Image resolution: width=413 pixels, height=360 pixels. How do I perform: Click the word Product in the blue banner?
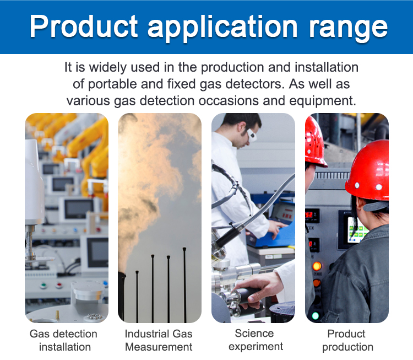[84, 26]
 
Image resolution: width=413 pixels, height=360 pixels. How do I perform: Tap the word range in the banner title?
[348, 29]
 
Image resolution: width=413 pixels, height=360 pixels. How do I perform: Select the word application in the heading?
[223, 28]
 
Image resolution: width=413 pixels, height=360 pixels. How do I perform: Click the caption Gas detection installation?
[64, 340]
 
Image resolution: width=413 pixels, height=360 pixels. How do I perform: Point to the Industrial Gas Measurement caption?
[159, 340]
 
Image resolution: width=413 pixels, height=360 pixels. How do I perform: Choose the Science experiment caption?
[255, 340]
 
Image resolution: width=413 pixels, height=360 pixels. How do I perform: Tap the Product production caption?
[347, 340]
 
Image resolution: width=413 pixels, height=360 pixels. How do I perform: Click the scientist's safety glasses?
[252, 135]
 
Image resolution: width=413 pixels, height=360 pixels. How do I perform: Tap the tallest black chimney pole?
[184, 285]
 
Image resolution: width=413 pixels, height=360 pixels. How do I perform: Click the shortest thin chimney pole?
[137, 297]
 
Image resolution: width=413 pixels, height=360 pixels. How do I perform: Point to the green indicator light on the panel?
[316, 315]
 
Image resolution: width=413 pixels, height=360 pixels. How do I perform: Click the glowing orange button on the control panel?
[317, 266]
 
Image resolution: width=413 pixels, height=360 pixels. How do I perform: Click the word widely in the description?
[108, 67]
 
